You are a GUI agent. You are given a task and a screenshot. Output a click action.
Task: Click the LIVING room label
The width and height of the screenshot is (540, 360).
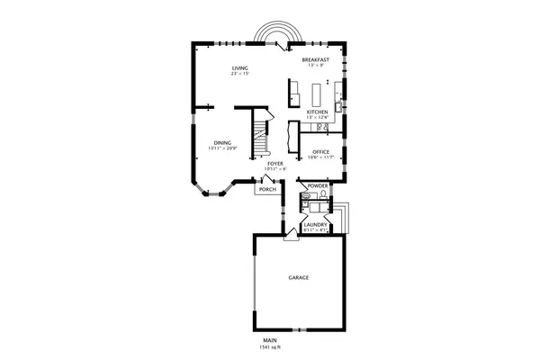click(239, 67)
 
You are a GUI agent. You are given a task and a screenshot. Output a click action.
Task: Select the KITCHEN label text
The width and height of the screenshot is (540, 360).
click(316, 112)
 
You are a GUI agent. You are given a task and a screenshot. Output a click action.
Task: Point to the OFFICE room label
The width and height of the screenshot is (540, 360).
click(320, 151)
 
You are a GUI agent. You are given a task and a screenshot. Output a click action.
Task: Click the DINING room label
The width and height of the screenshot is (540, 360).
click(222, 142)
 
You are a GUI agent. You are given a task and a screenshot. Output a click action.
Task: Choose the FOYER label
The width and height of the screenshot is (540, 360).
click(275, 164)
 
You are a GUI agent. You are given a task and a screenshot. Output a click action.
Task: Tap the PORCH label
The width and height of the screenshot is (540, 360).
click(267, 190)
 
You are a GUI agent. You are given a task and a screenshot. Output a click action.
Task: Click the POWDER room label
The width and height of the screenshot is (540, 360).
click(318, 186)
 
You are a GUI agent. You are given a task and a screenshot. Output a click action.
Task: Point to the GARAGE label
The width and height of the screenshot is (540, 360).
click(299, 278)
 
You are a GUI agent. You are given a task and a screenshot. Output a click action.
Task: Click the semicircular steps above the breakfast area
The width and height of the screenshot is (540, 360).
click(271, 34)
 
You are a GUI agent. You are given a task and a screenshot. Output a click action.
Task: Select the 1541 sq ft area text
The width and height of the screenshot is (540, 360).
click(270, 346)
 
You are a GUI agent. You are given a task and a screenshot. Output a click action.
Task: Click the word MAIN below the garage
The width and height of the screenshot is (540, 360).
click(270, 340)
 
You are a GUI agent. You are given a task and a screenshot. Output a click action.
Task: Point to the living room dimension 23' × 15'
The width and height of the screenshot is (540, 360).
click(239, 74)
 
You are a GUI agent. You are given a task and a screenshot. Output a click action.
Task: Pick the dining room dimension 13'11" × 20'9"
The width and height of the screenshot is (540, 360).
click(222, 148)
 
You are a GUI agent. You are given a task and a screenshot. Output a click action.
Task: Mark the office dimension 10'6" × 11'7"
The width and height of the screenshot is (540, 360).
click(320, 157)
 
